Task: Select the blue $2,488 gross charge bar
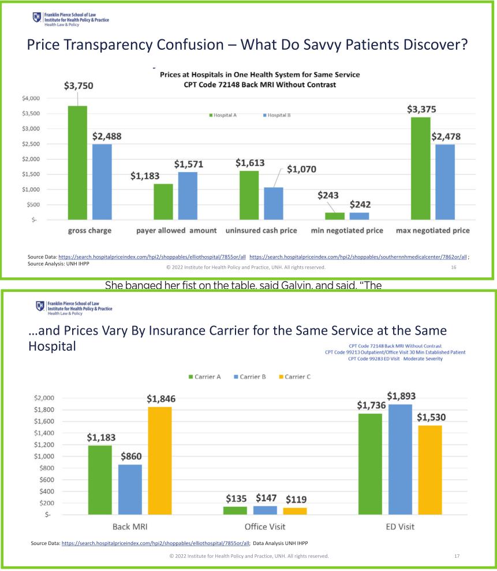pyautogui.click(x=102, y=182)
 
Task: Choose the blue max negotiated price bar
pyautogui.click(x=445, y=182)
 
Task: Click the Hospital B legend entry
pyautogui.click(x=276, y=116)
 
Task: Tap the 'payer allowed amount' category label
pyautogui.click(x=177, y=231)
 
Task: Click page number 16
pyautogui.click(x=453, y=268)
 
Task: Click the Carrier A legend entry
pyautogui.click(x=204, y=376)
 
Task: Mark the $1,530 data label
pyautogui.click(x=431, y=417)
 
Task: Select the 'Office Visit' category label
pyautogui.click(x=265, y=526)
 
